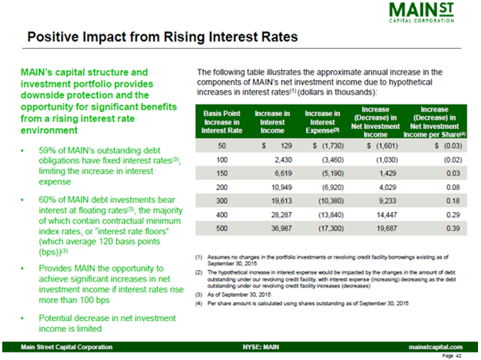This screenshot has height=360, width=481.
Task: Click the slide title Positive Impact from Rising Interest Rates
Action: click(x=162, y=37)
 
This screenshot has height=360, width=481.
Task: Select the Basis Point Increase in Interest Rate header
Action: click(x=222, y=121)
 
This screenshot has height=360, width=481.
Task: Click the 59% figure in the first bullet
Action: click(x=47, y=150)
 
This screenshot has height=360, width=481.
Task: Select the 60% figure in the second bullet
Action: click(x=47, y=200)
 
